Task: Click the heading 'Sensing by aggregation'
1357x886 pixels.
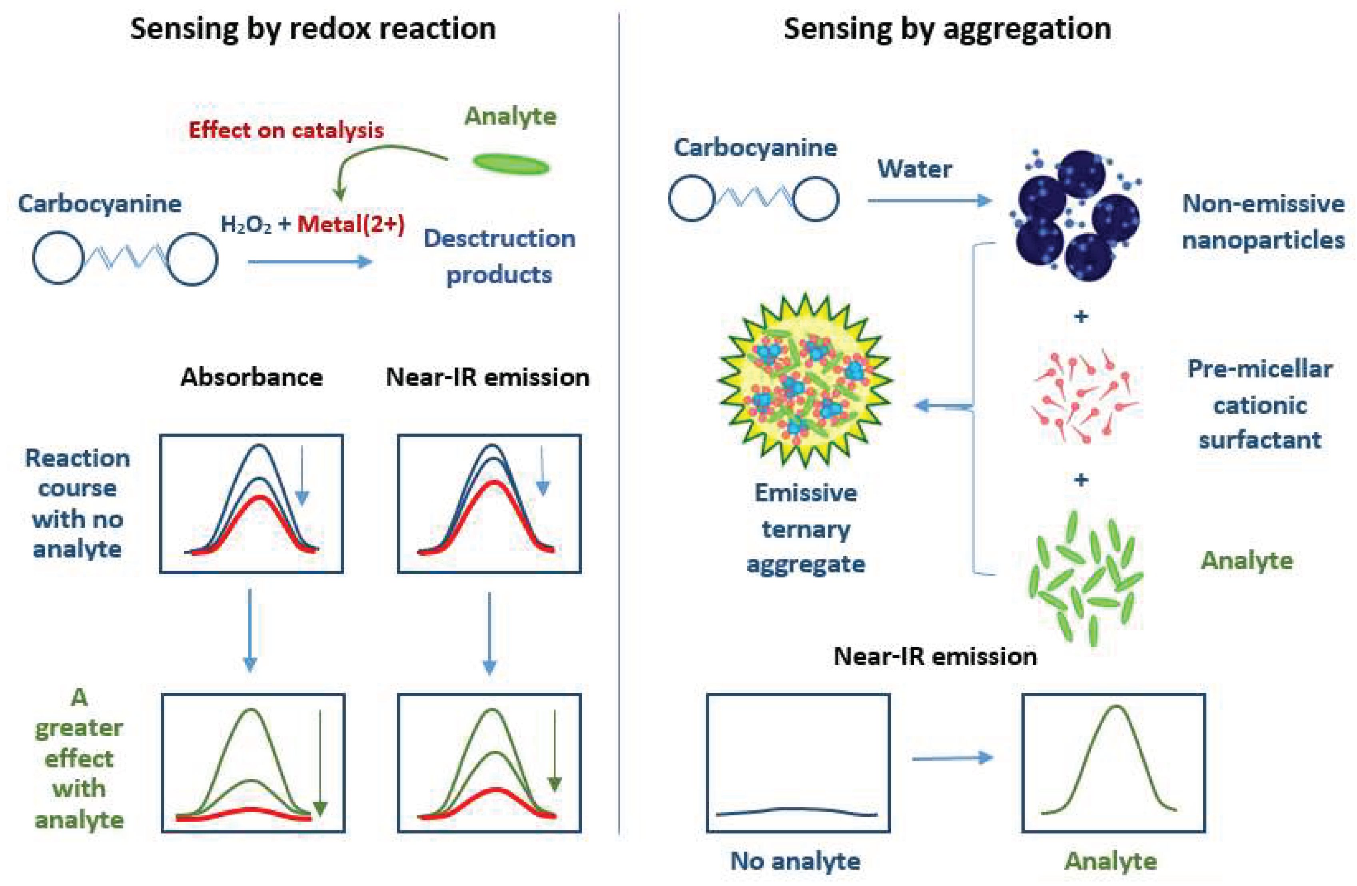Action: click(947, 28)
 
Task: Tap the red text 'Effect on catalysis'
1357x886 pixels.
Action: click(286, 130)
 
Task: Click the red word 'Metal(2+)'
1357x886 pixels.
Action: click(351, 224)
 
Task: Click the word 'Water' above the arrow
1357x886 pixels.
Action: click(914, 169)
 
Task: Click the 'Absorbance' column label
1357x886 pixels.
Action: click(251, 377)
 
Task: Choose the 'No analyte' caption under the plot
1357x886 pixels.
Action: click(795, 861)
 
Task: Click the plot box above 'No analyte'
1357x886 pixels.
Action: click(798, 763)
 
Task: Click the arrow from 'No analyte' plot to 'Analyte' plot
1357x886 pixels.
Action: click(953, 758)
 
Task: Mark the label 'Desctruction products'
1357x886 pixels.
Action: click(499, 257)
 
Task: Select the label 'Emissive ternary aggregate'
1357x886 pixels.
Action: click(806, 528)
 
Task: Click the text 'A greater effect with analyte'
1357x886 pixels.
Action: click(79, 758)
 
